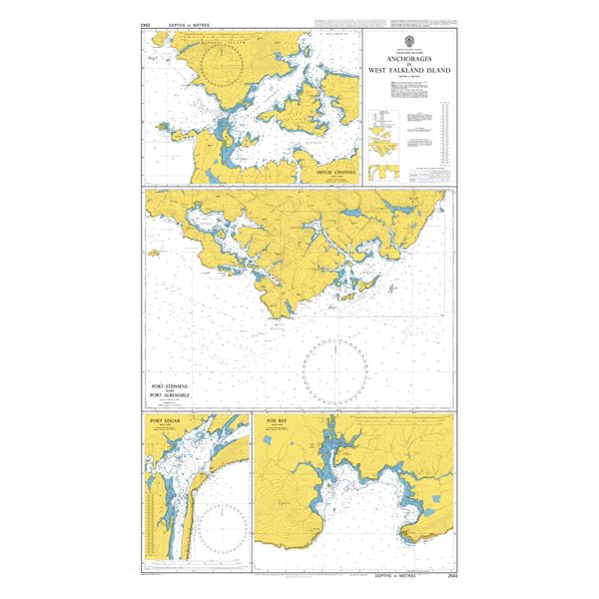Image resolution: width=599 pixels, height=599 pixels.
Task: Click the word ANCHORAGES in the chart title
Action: pos(408,58)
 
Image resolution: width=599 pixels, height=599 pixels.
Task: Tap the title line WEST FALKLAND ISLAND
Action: pos(408,72)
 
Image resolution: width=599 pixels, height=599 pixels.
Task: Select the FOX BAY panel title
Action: pos(277,421)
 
